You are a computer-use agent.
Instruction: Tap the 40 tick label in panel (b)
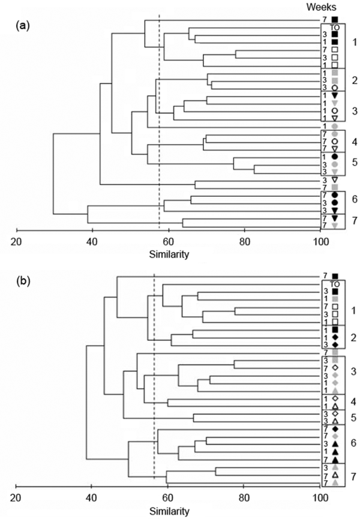pyautogui.click(x=92, y=497)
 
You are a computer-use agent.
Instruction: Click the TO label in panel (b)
pyautogui.click(x=335, y=283)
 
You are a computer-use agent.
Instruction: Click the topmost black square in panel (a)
pyautogui.click(x=335, y=19)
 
